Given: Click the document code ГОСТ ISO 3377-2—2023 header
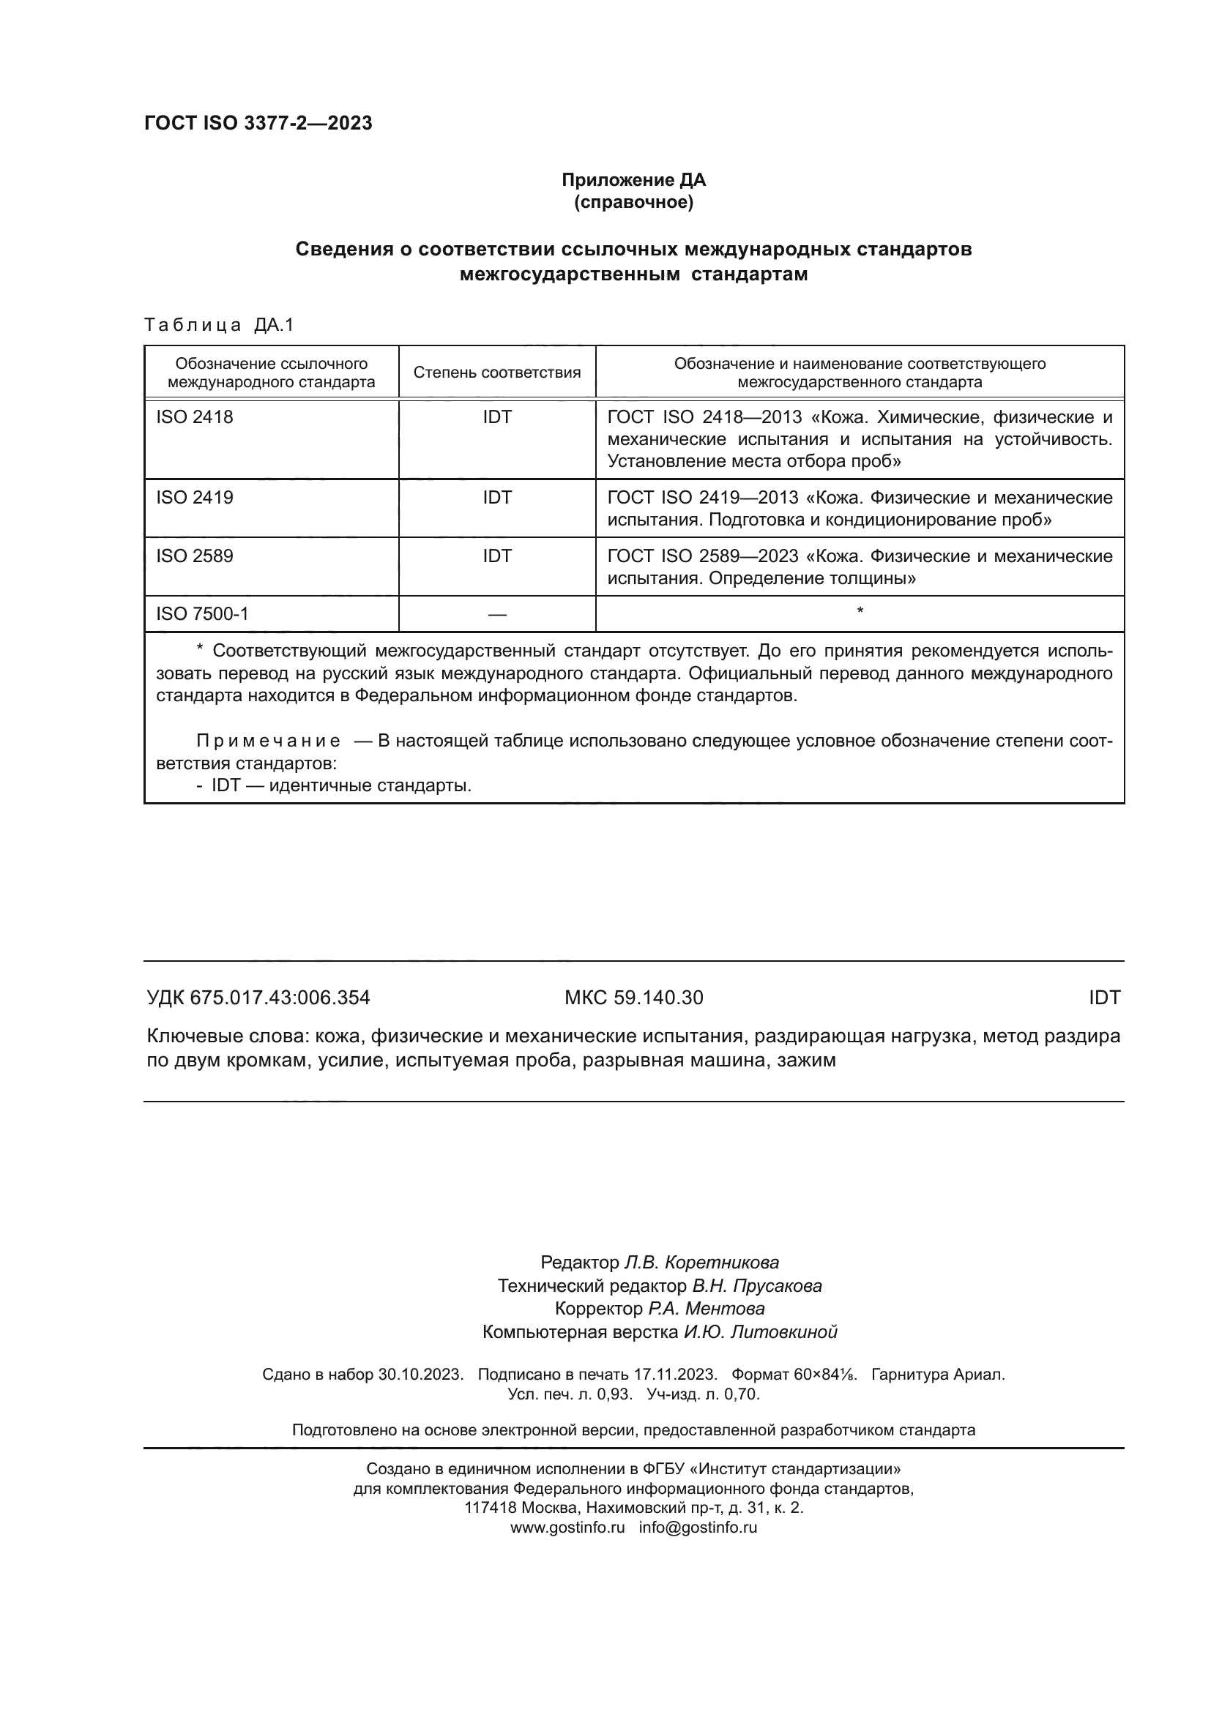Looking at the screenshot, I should click(x=258, y=123).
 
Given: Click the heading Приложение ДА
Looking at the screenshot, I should click(x=633, y=180).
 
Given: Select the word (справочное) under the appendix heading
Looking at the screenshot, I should click(x=633, y=202).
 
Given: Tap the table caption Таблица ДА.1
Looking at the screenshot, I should click(x=220, y=325).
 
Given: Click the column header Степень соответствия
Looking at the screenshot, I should click(x=496, y=373).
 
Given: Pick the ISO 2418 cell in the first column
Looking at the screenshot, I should click(x=195, y=417).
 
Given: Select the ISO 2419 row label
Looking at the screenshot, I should click(x=195, y=497).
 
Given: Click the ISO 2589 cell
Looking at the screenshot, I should click(x=195, y=556).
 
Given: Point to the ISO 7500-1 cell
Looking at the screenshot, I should click(x=202, y=613).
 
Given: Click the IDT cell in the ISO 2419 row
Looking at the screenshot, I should click(x=496, y=497).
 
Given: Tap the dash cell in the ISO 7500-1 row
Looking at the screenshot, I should click(x=496, y=614).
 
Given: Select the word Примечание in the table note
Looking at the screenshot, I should click(x=269, y=741).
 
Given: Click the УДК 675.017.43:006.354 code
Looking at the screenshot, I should click(x=258, y=998).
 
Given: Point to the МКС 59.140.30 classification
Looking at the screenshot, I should click(x=633, y=998).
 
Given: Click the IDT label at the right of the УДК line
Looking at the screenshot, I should click(x=1103, y=998).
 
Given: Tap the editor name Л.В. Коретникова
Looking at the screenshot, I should click(x=700, y=1263).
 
